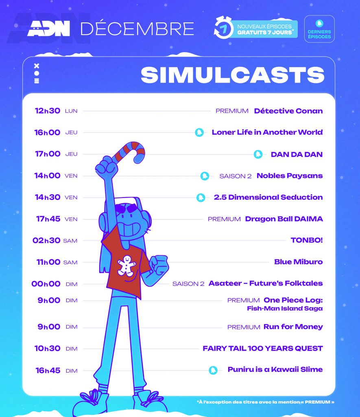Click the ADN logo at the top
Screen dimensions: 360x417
[49, 29]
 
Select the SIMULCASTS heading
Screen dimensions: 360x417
[232, 75]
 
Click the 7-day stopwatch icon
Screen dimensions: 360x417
[223, 28]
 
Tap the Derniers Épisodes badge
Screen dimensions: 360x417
[319, 29]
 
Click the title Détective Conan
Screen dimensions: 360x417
[288, 111]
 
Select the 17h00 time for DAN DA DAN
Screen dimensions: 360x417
[48, 154]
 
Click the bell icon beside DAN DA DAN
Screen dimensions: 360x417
[258, 154]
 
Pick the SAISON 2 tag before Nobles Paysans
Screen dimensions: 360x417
[236, 176]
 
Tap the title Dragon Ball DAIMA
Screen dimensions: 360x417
[284, 219]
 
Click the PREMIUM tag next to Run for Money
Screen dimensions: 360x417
[244, 327]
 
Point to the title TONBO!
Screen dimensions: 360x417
[307, 240]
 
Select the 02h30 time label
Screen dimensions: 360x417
[46, 240]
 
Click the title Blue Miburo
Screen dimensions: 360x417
[298, 262]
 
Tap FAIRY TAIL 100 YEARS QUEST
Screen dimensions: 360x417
[263, 349]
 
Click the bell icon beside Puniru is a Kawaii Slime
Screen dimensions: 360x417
[213, 370]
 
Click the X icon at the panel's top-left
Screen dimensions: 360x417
[37, 66]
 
